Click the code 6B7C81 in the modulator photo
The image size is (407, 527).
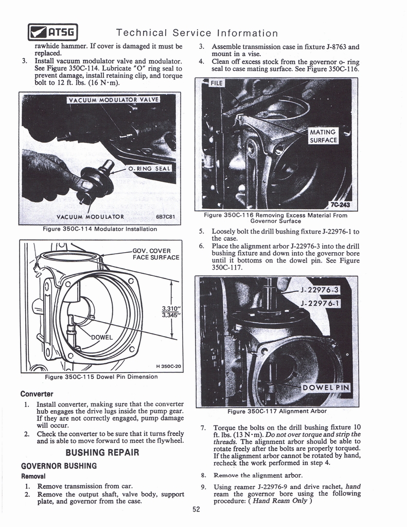pyautogui.click(x=165, y=217)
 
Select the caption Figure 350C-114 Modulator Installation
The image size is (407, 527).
pyautogui.click(x=100, y=229)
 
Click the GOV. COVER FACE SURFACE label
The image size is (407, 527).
pyautogui.click(x=155, y=254)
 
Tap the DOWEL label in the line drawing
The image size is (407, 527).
pyautogui.click(x=102, y=338)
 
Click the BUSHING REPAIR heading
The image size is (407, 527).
pyautogui.click(x=102, y=453)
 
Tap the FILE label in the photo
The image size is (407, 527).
pyautogui.click(x=213, y=83)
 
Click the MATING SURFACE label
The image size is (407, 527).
pyautogui.click(x=323, y=136)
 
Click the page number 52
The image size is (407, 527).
pyautogui.click(x=196, y=510)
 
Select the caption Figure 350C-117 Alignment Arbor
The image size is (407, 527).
pyautogui.click(x=277, y=411)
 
